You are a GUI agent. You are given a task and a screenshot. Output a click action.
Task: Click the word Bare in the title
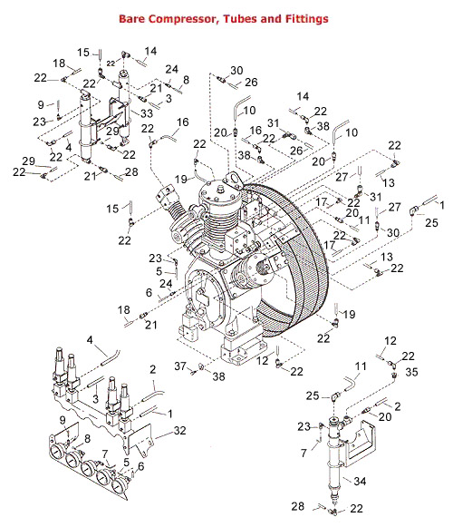tap(131, 18)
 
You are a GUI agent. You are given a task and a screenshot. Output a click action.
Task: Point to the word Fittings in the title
tap(306, 19)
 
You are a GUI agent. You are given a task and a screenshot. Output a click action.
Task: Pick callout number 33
tap(147, 113)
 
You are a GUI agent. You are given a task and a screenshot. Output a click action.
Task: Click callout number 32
tap(179, 431)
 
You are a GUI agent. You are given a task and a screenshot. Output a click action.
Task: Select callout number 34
tap(360, 481)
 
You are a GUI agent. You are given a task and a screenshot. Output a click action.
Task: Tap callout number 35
tap(411, 372)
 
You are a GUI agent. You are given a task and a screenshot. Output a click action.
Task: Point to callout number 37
tap(180, 366)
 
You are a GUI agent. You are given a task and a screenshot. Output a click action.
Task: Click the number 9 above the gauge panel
tap(63, 420)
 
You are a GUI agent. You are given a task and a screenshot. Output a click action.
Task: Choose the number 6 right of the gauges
tap(141, 466)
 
